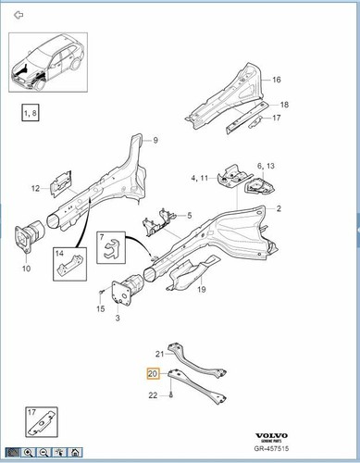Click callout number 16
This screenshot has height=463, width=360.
[x=276, y=81]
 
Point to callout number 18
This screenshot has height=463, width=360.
[x=284, y=105]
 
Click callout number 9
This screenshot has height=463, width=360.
[x=155, y=140]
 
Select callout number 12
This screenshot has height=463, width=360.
[x=34, y=188]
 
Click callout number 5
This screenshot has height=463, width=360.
[x=190, y=216]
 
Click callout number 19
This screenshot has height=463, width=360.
[x=200, y=290]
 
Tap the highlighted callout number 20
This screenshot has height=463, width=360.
[x=153, y=375]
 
